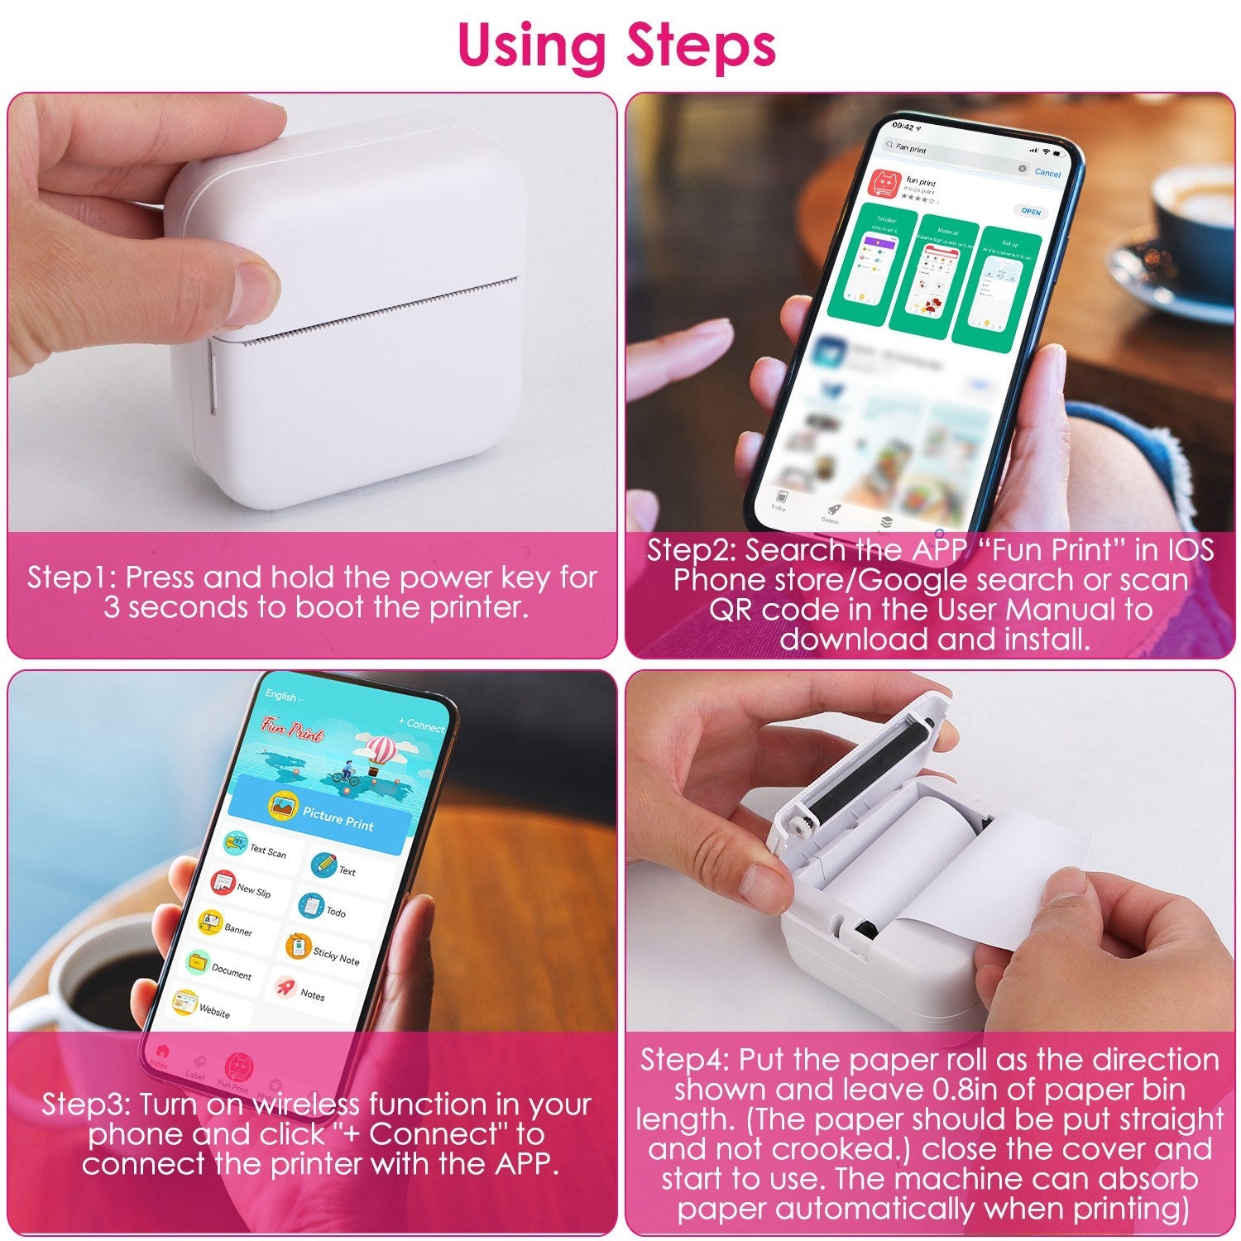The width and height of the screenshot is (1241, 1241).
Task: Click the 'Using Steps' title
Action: (x=616, y=46)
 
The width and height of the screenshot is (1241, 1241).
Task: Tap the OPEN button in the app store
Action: (x=1030, y=212)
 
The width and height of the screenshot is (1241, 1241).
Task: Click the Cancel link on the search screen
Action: (x=1047, y=173)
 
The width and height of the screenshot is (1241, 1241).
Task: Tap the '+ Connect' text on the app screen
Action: (x=422, y=725)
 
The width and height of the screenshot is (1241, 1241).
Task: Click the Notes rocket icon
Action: (x=286, y=987)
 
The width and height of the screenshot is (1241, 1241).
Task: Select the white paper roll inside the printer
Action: (x=910, y=836)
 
